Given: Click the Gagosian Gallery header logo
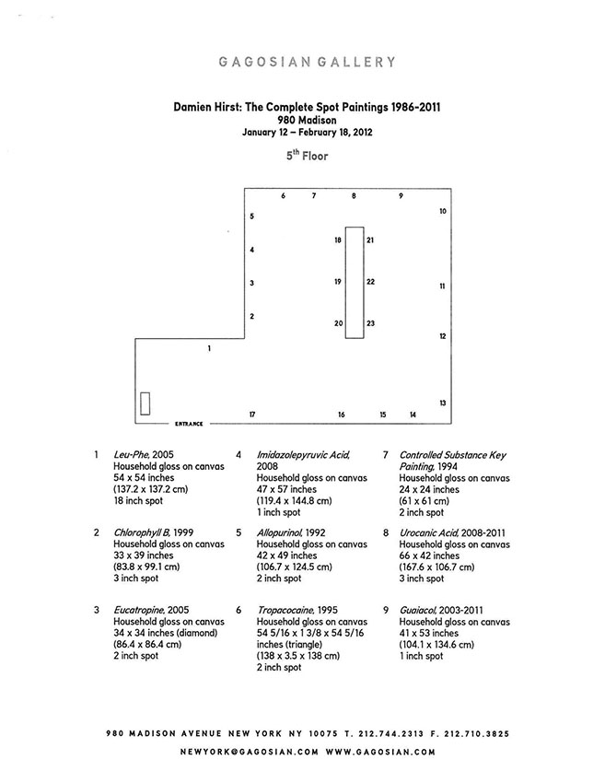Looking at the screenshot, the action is coord(307,62).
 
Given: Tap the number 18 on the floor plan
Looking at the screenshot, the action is coord(338,240).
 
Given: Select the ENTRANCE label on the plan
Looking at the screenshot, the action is coord(189,424).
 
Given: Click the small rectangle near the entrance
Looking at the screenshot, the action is coord(145,403).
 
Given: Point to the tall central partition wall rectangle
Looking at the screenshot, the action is coord(355,283).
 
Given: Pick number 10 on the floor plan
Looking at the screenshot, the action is coord(443,211).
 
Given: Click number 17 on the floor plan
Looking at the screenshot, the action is coord(252,415).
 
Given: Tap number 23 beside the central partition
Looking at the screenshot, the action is coord(370,323).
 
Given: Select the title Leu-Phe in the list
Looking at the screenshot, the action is coord(132,454).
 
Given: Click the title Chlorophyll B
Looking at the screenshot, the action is coord(142,532).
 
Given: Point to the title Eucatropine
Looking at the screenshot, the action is coord(139,610).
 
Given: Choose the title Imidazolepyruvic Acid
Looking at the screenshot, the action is coord(304,455).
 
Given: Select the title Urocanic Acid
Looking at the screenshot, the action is coord(429,532).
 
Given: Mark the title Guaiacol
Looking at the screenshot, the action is coord(418,610).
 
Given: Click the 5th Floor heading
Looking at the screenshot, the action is coord(307,156).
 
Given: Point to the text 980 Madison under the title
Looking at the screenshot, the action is coord(307,121).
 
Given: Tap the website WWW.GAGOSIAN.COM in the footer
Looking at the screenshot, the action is coord(381,752).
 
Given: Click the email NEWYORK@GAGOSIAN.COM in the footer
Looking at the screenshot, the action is coord(249,752).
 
